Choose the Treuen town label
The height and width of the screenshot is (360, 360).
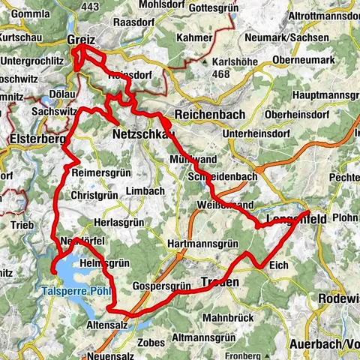tap(219, 282)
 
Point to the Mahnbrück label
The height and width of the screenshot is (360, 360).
tap(224, 317)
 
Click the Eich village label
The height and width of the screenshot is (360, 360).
tap(277, 264)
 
